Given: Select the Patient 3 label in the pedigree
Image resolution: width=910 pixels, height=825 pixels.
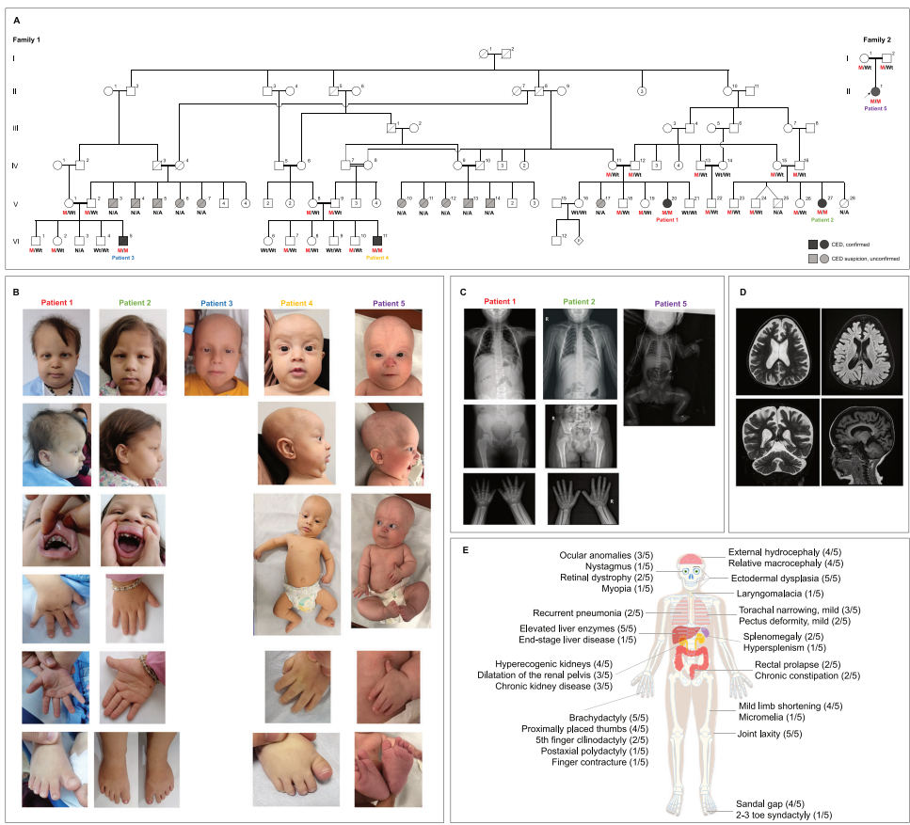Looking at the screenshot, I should click(124, 257).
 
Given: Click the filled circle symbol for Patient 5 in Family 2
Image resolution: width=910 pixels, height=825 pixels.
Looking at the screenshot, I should click(875, 89).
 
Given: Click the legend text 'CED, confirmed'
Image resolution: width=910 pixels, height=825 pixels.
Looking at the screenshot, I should click(854, 244).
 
